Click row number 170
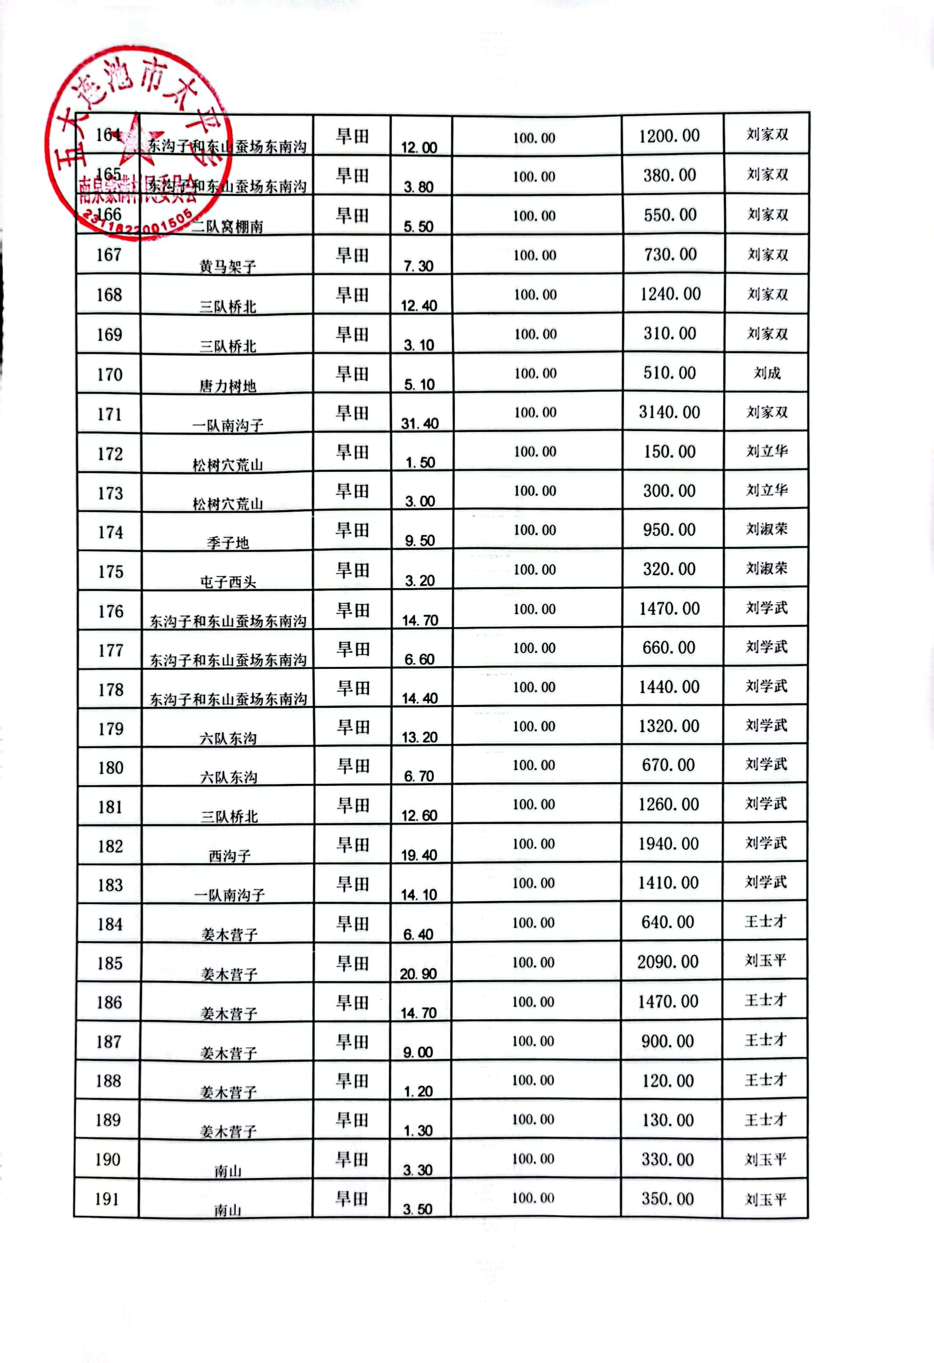tap(110, 374)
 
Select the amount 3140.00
tap(669, 412)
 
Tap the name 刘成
tap(767, 373)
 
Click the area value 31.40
tap(420, 424)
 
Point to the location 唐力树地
tap(228, 386)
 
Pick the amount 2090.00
tap(668, 962)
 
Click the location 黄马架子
tap(228, 267)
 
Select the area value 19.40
tap(419, 855)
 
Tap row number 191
tap(107, 1199)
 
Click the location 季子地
tap(228, 543)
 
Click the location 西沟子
tap(230, 856)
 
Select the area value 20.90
tap(418, 974)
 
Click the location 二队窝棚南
tap(228, 227)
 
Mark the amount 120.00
tap(668, 1081)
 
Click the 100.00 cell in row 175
tap(534, 569)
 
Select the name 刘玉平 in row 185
tap(766, 960)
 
